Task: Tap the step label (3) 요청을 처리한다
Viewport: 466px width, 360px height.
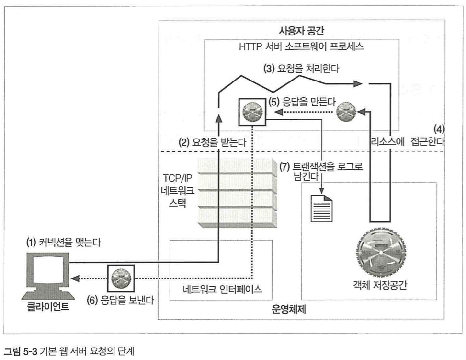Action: (301, 68)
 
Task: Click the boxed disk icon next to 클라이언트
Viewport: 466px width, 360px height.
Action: (121, 277)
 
